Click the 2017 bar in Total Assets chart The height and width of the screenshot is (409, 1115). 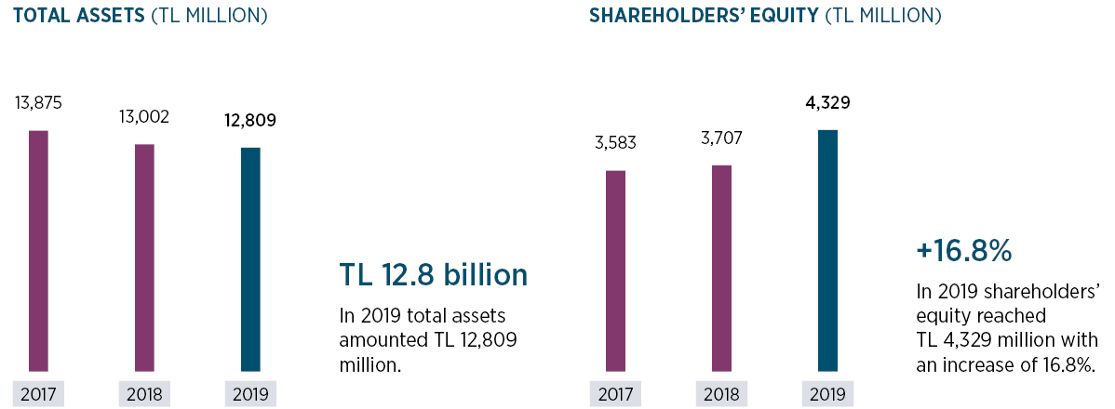(38, 251)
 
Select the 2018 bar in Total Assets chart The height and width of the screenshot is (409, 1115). (144, 257)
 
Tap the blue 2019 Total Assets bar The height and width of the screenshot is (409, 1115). (250, 259)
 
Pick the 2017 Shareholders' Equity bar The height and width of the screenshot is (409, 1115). (615, 270)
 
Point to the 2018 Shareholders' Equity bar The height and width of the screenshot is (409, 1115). (721, 268)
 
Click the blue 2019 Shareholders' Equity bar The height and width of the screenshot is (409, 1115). (827, 250)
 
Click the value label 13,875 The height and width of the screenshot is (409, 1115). (38, 103)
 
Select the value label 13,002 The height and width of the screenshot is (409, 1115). (144, 117)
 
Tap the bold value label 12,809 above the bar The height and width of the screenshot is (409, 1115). (250, 120)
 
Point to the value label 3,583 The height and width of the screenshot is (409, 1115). (615, 143)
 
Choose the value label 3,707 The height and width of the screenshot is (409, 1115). (721, 139)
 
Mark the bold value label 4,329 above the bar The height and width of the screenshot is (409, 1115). (827, 102)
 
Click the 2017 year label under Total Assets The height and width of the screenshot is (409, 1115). (38, 393)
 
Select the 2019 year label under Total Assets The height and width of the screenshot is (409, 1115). (250, 393)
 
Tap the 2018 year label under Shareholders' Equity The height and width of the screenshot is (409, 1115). (721, 393)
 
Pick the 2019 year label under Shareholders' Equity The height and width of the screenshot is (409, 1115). (827, 393)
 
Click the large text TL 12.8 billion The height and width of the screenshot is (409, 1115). (434, 275)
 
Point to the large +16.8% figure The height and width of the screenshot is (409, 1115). (963, 251)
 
